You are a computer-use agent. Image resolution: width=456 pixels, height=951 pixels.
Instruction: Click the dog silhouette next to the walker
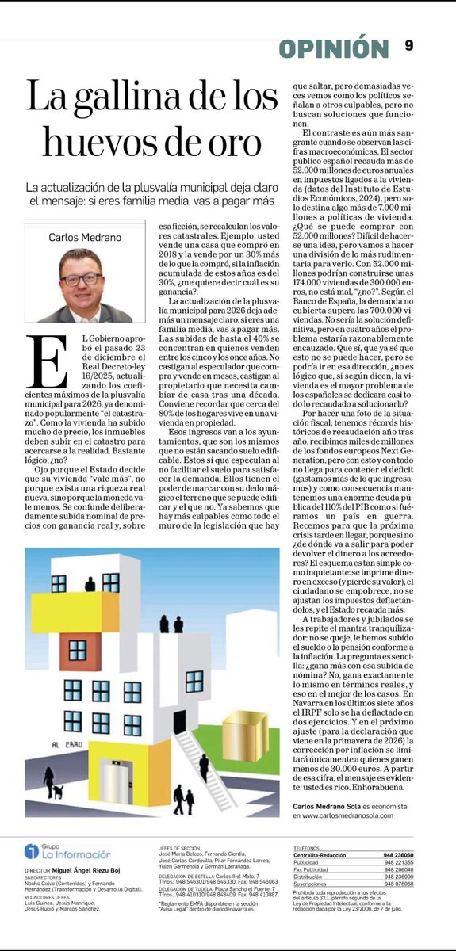(x=57, y=791)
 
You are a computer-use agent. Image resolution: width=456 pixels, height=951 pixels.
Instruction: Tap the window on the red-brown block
(x=77, y=651)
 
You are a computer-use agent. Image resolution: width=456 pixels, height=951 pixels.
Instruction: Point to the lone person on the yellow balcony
(x=90, y=585)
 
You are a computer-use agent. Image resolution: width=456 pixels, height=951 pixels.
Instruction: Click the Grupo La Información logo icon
(x=31, y=851)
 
